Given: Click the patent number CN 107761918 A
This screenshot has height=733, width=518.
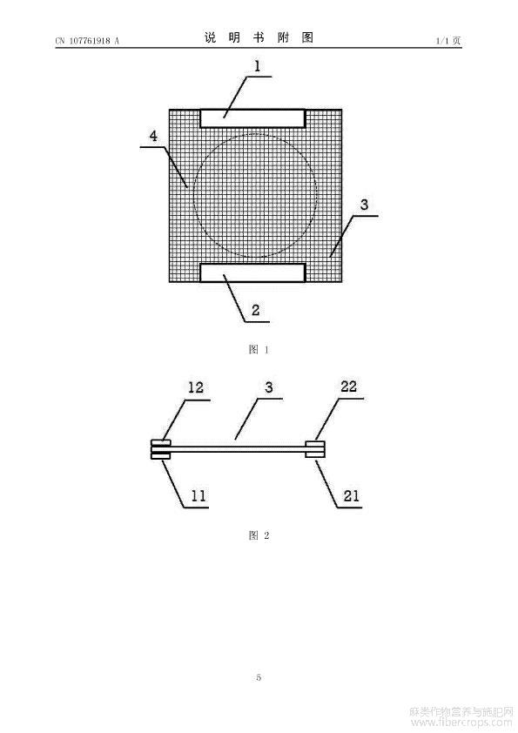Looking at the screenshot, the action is (x=87, y=41).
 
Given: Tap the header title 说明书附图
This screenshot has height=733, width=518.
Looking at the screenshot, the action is (x=259, y=37).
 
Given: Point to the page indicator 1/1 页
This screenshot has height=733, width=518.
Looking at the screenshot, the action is (x=448, y=41).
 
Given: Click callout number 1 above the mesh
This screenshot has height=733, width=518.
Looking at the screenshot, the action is (x=257, y=66).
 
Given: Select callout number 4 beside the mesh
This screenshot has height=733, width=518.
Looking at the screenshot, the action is (x=153, y=136).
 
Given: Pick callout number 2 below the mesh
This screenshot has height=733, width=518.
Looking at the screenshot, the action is (x=255, y=310).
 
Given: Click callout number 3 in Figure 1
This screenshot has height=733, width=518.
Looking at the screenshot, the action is (x=364, y=205).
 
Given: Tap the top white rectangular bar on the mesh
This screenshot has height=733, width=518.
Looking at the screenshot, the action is (x=252, y=118).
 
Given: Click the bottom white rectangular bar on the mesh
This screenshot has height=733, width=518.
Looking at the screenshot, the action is (x=252, y=272).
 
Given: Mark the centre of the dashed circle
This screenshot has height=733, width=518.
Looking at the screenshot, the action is (x=255, y=195).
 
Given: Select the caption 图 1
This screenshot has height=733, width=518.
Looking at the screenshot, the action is (x=259, y=349).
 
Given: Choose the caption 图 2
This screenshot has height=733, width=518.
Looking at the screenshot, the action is (x=259, y=535).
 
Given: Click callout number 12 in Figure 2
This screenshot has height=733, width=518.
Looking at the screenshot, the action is (x=196, y=387).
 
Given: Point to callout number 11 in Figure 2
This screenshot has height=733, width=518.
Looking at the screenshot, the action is (x=198, y=495).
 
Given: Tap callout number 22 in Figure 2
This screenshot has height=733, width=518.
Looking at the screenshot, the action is (x=348, y=387).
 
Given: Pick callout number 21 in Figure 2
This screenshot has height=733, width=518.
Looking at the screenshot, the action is (x=351, y=495).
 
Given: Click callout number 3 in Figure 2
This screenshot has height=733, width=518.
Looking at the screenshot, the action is (x=269, y=387).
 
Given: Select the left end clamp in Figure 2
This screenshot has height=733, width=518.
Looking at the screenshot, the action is (x=161, y=449).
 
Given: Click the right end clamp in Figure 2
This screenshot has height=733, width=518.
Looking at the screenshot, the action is (x=315, y=449).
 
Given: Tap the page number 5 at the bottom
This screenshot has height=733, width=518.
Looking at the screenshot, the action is (x=259, y=677).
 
